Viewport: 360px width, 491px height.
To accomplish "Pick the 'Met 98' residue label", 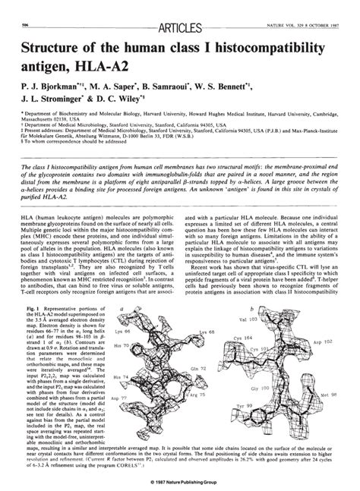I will [x=336, y=395].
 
